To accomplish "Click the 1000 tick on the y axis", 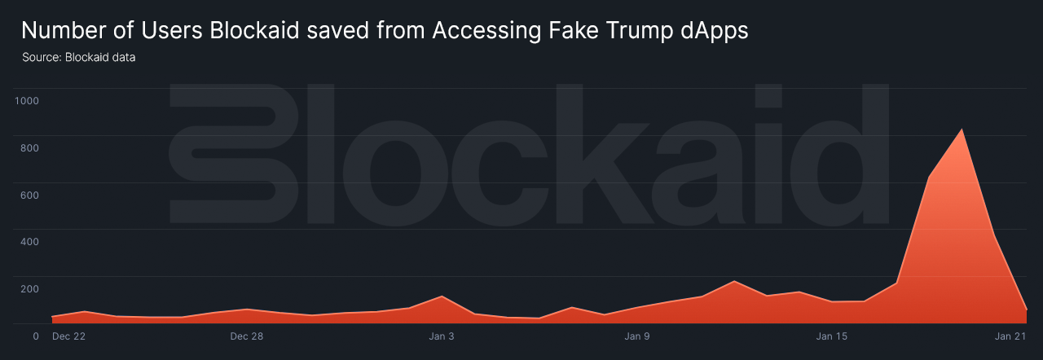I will click(27, 101).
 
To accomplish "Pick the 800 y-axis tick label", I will click(29, 148).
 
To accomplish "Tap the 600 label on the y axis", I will click(29, 195).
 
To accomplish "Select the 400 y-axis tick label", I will click(29, 242).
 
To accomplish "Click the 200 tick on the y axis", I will click(29, 289).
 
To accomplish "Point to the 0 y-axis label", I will click(36, 336).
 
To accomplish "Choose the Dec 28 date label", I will click(246, 336).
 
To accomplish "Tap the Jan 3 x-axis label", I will click(442, 336).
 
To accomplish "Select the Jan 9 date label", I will click(637, 336).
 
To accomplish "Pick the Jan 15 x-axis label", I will click(832, 336).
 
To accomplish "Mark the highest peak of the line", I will click(962, 129).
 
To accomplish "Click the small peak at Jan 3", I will click(441, 296).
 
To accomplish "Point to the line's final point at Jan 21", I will click(1026, 310).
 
